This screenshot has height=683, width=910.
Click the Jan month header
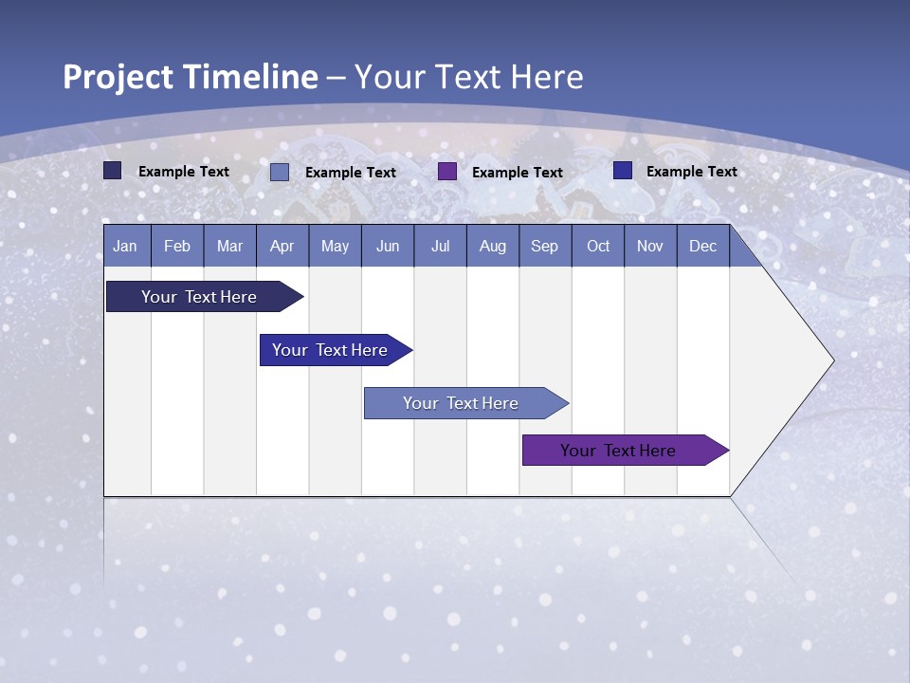click(x=125, y=246)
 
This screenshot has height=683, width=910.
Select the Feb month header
click(x=177, y=246)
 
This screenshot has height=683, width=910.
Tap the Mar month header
click(x=229, y=246)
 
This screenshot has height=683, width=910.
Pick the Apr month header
click(x=282, y=246)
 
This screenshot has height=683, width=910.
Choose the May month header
click(x=335, y=246)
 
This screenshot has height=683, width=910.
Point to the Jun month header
click(x=388, y=246)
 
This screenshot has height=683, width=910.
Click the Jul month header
click(x=440, y=246)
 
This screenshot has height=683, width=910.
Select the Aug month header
click(x=492, y=246)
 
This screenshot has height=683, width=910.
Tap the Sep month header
click(x=544, y=246)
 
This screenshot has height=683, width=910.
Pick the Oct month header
click(x=598, y=246)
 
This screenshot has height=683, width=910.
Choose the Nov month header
click(x=650, y=246)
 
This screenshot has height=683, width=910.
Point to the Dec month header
click(x=702, y=246)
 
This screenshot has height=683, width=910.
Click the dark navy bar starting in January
click(x=200, y=297)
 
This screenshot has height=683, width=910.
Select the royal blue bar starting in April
click(x=331, y=350)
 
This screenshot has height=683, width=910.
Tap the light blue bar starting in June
click(x=462, y=403)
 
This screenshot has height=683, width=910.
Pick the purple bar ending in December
click(x=619, y=451)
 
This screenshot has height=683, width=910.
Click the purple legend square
click(x=447, y=172)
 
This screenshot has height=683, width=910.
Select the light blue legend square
click(x=280, y=172)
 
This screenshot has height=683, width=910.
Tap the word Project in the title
click(x=118, y=77)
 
